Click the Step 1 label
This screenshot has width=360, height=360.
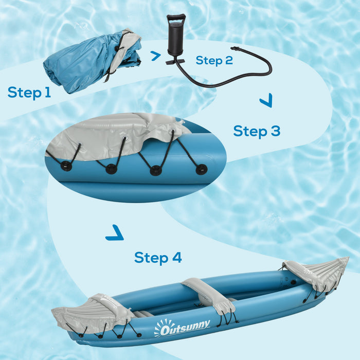point(29,93)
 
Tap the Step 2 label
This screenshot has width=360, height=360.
point(214,61)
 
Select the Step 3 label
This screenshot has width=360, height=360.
point(257,131)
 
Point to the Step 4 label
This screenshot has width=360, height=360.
point(158,257)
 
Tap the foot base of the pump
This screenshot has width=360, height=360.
point(175,62)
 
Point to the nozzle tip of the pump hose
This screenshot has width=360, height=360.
point(235,48)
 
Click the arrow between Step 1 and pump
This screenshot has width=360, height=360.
point(155,56)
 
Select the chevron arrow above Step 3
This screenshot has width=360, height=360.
point(265,101)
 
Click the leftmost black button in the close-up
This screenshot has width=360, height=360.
point(66,166)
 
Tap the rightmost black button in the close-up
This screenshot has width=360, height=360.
point(201,168)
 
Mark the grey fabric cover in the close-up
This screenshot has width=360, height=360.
point(118,135)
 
